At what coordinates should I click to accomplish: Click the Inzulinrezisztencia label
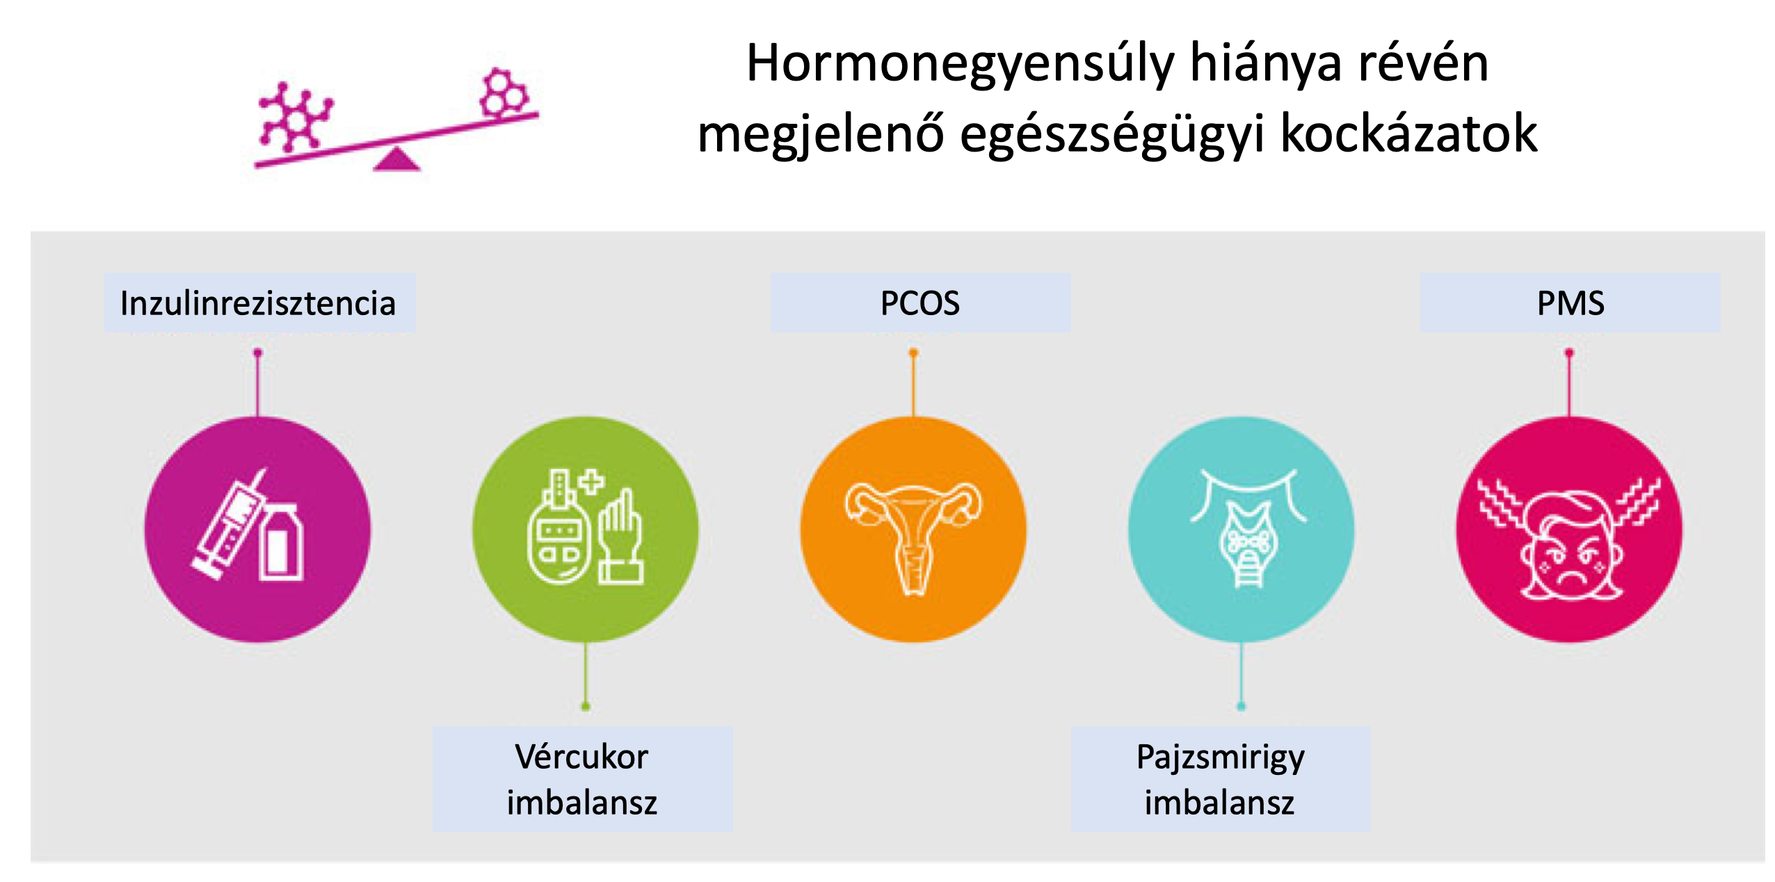tap(258, 303)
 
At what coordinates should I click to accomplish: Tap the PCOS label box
tap(920, 303)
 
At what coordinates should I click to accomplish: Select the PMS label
tap(1570, 303)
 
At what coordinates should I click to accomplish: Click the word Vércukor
tap(581, 756)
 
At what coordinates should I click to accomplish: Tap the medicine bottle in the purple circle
tap(281, 543)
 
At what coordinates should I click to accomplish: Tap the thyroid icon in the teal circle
tap(1248, 529)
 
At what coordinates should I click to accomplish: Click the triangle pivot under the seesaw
tap(396, 159)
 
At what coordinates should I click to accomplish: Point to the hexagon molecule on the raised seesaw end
tap(504, 92)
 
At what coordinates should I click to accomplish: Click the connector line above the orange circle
tap(913, 385)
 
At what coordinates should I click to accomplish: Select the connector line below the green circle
tap(586, 674)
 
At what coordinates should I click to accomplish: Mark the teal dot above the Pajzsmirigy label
tap(1241, 707)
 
